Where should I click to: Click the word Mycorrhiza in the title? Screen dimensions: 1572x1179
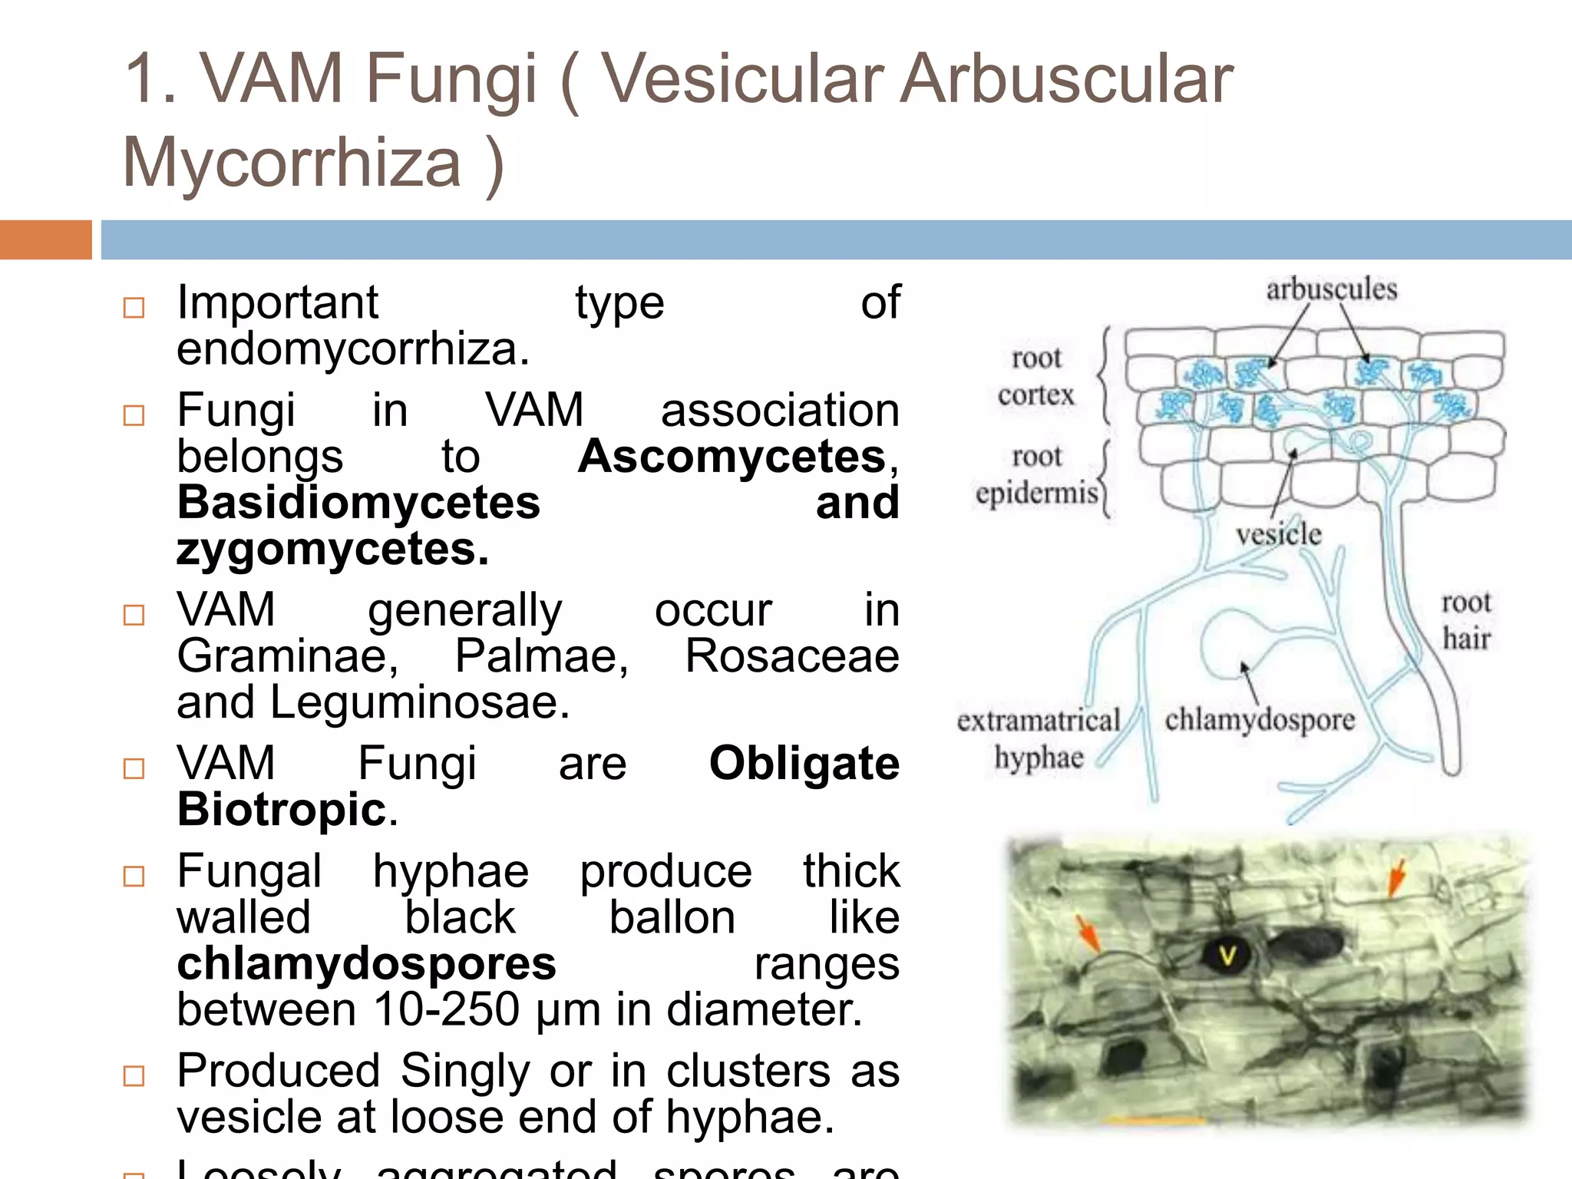coord(292,163)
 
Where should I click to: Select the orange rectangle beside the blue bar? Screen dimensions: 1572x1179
coord(45,239)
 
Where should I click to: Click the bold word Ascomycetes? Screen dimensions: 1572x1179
coord(732,457)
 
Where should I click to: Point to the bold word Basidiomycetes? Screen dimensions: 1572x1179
coord(358,503)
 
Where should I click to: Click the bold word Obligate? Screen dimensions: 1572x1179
coord(804,764)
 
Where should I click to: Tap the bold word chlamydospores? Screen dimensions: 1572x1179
coord(366,964)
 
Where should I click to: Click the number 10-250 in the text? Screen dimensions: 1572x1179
coord(446,1009)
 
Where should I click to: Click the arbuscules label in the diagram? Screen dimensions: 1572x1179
coord(1331,289)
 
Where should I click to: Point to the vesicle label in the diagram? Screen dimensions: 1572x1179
coord(1278,534)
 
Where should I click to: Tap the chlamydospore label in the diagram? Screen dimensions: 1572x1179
coord(1260,720)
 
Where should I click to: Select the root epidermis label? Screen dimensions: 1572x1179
coord(1036,474)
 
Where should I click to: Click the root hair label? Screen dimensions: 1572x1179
coord(1466,620)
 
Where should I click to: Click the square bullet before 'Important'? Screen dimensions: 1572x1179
coord(134,308)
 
